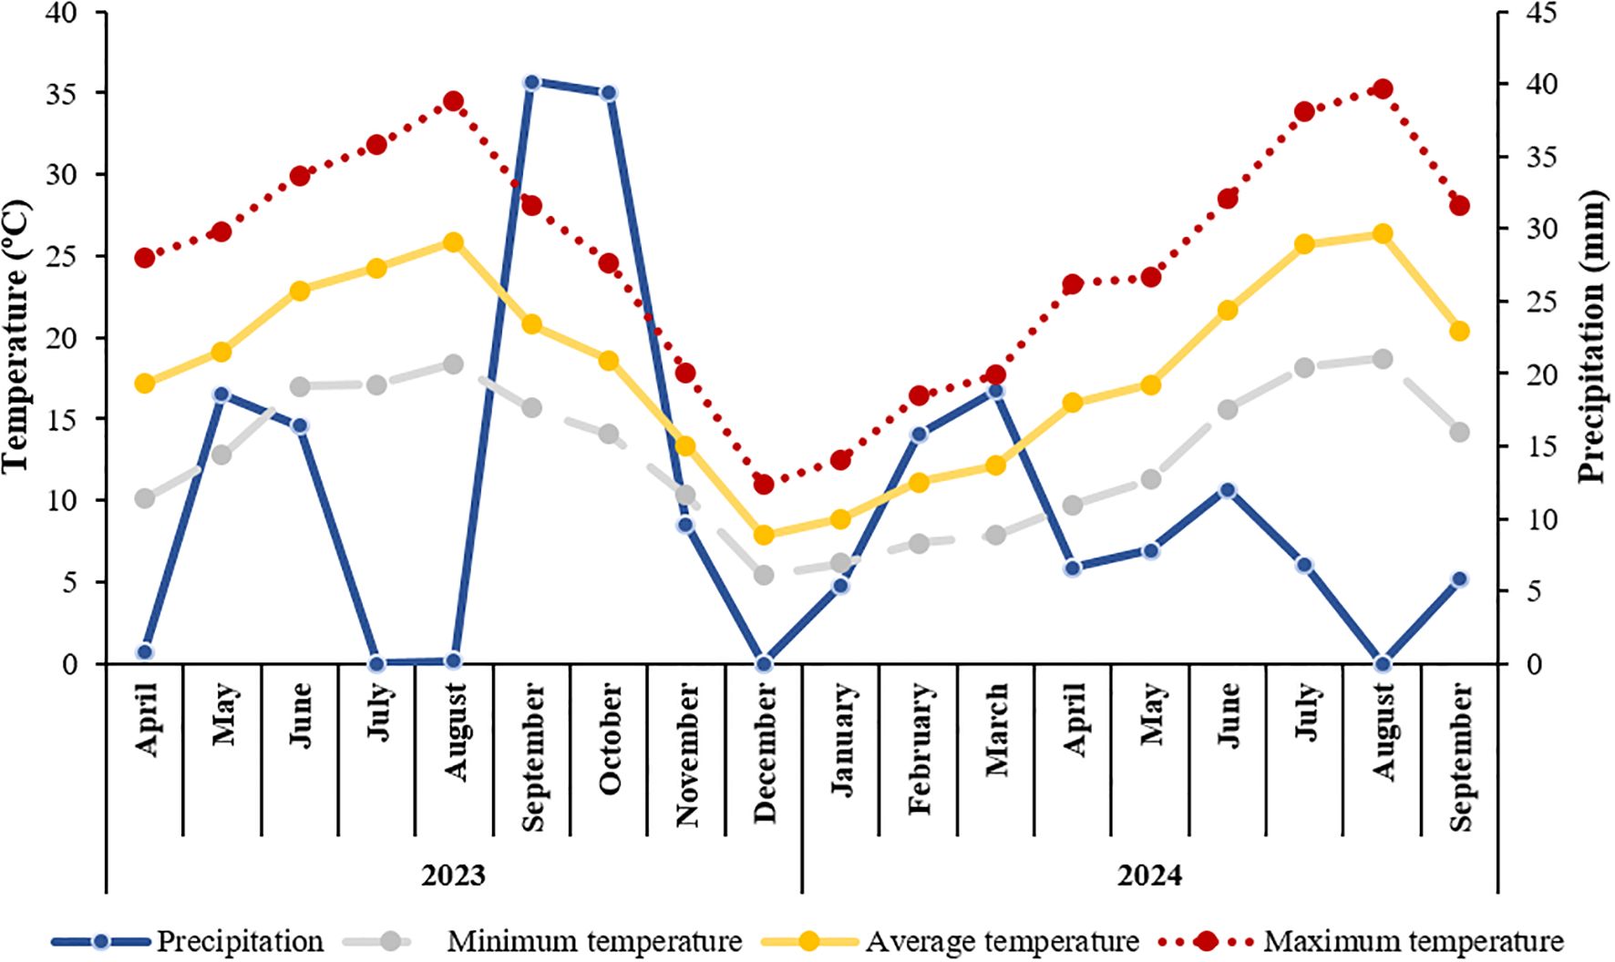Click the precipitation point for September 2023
coord(532,83)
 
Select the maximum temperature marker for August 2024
coord(1383,88)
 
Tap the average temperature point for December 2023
coord(764,535)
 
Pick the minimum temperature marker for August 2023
coord(453,363)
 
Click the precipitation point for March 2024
coord(995,391)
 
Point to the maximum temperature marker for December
coord(764,484)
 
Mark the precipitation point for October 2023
coord(609,93)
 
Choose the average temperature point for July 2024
coord(1305,244)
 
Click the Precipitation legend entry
coord(239,941)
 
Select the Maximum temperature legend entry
coord(1412,941)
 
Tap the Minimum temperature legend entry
coord(593,941)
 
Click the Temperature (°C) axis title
coord(16,335)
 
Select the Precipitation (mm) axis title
coord(1591,335)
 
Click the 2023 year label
coord(453,875)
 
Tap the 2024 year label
coord(1149,875)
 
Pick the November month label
coord(687,755)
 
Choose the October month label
coord(610,738)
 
